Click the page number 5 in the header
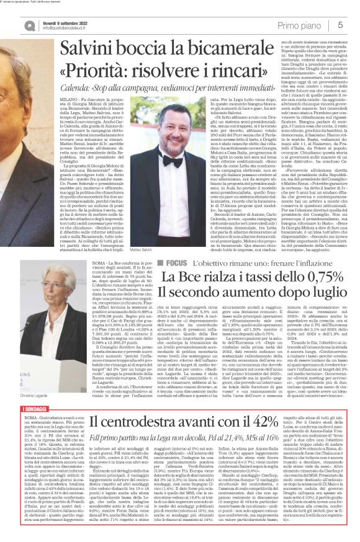(341, 24)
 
